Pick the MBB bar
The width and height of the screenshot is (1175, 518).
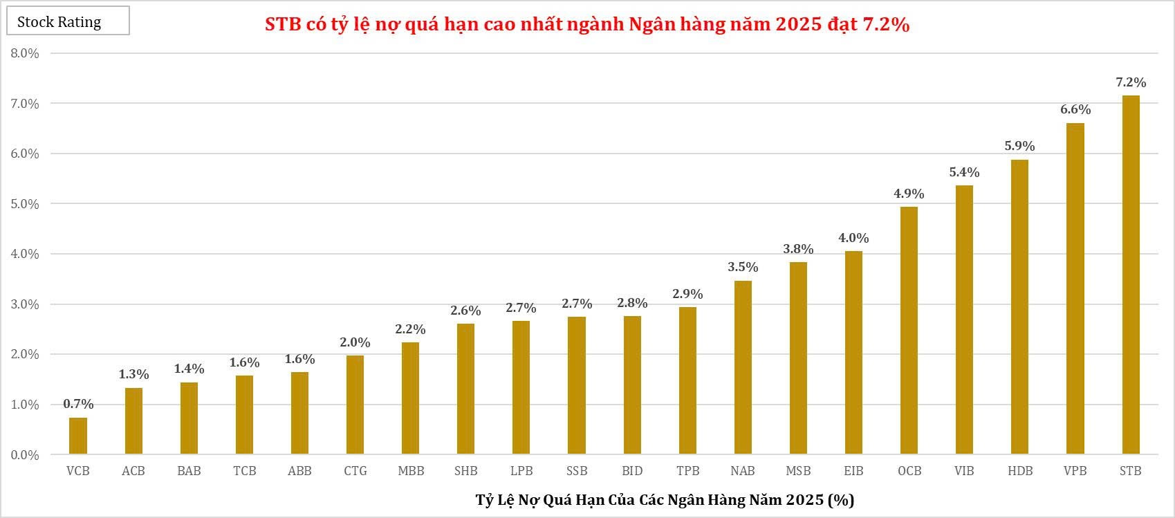point(410,398)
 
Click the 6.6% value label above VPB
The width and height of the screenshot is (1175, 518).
point(1075,110)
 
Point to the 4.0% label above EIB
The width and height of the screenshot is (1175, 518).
point(853,238)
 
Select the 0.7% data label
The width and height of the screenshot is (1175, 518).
point(78,404)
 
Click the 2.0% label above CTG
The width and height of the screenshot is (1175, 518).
point(355,342)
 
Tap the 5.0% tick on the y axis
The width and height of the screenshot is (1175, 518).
point(25,204)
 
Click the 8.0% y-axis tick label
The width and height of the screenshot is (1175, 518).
point(25,53)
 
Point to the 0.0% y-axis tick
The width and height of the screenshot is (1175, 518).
point(25,455)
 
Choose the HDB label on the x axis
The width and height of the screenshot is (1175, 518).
point(1020,471)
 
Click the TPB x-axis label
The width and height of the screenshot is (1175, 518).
point(687,471)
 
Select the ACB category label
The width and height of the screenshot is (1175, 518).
point(133,471)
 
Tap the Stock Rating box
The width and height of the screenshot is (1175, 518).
point(68,21)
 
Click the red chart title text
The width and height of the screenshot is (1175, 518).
point(587,25)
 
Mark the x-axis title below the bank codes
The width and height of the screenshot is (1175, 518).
point(665,499)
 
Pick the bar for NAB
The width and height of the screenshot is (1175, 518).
point(743,368)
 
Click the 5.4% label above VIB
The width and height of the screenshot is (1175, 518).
point(964,172)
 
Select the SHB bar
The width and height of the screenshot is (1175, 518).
point(465,389)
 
